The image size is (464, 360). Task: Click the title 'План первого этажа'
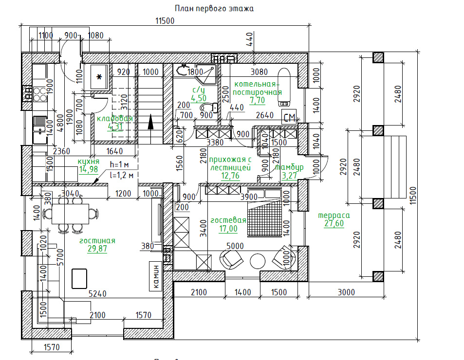[214, 8]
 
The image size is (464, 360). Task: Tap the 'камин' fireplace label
[156, 277]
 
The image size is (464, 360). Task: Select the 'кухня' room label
[89, 161]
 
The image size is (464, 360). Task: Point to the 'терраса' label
[334, 216]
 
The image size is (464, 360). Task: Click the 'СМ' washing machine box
[289, 117]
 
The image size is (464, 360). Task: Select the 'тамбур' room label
[289, 167]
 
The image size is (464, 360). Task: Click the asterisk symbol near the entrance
[99, 77]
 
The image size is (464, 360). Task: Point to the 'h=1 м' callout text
[120, 164]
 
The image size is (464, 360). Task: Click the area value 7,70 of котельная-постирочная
[257, 101]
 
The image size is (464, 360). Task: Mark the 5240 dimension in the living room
[98, 293]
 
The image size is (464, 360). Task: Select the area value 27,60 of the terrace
[334, 224]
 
